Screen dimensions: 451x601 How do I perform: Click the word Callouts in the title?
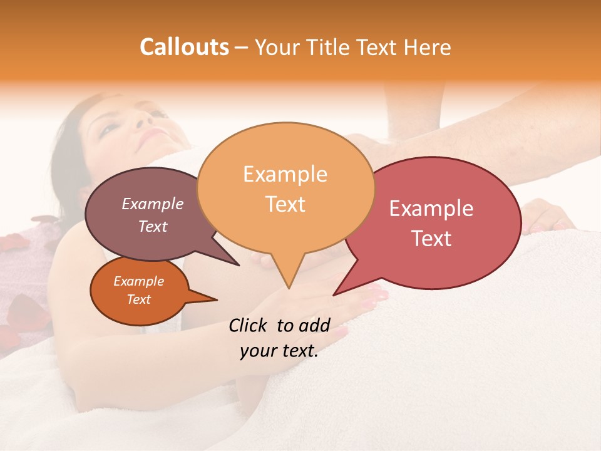click(x=184, y=47)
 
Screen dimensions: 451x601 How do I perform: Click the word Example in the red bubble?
click(x=431, y=209)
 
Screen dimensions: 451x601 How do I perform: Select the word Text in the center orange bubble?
click(x=285, y=204)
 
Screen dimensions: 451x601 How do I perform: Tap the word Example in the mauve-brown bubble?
click(x=153, y=204)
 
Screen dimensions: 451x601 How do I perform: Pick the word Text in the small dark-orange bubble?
click(x=139, y=299)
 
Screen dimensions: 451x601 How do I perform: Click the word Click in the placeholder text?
click(x=250, y=325)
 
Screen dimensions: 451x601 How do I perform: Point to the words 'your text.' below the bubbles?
click(x=279, y=351)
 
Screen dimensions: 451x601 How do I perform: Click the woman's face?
click(x=135, y=125)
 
